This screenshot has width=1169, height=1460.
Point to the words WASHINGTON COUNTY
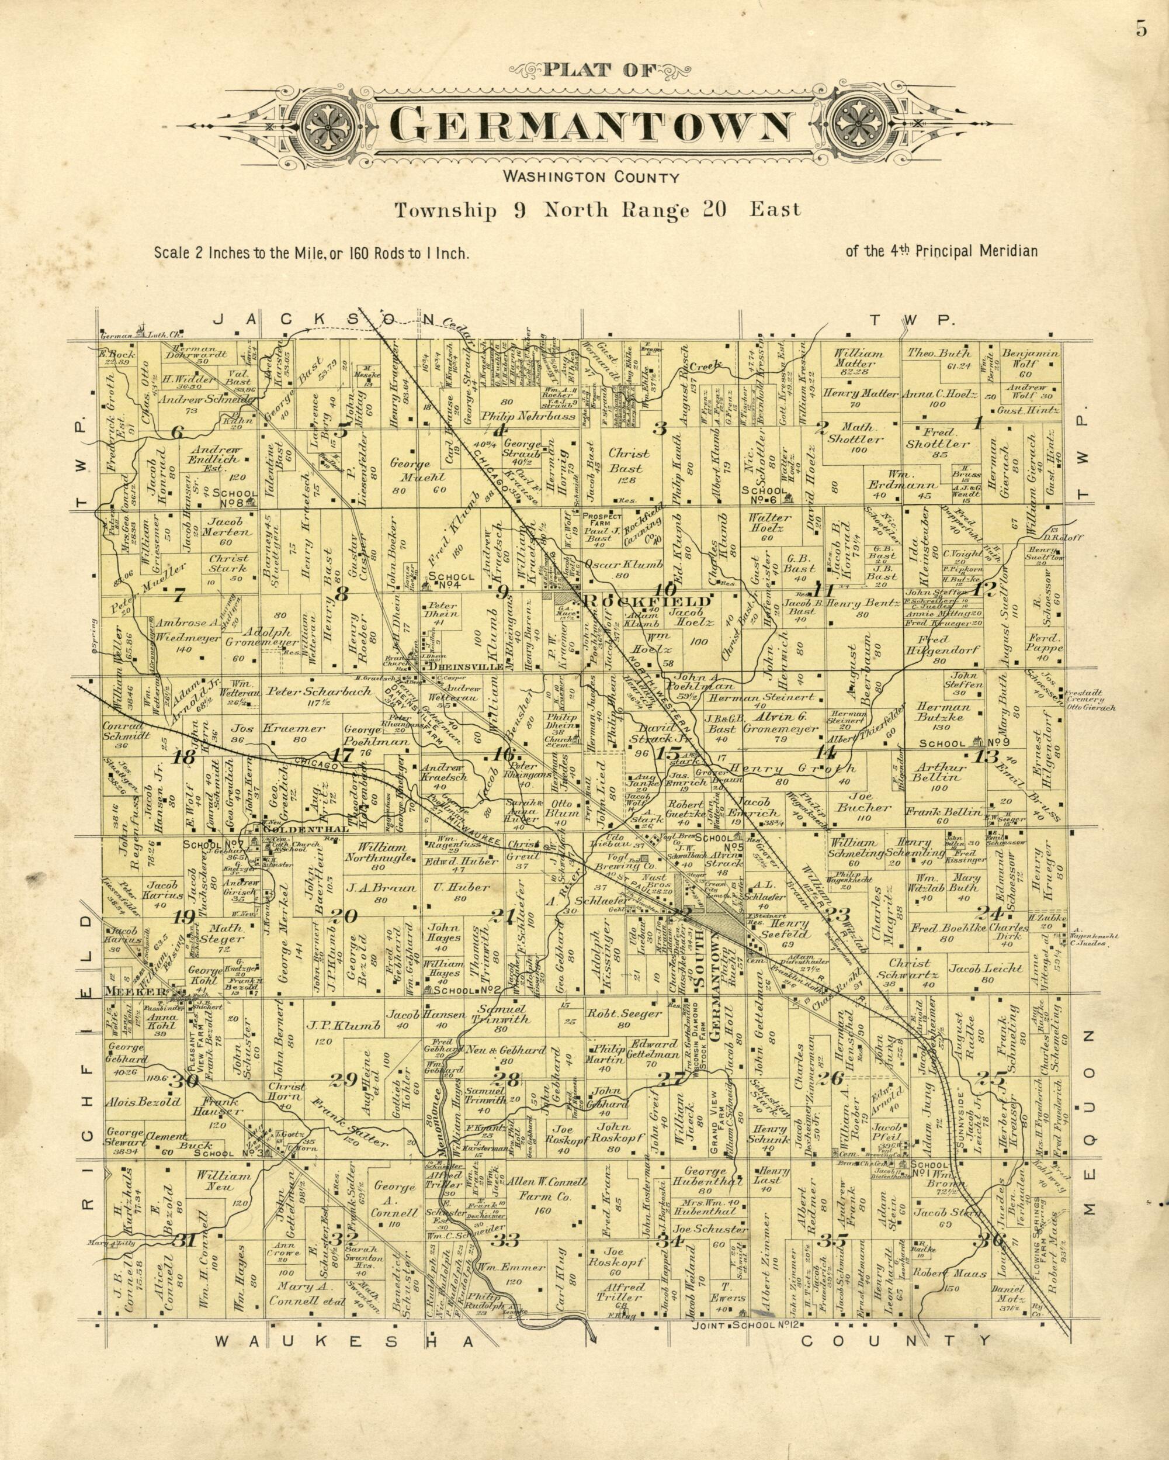(589, 179)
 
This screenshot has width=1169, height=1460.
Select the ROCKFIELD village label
(647, 601)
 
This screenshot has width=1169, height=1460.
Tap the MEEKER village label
(136, 992)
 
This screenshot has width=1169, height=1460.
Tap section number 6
(178, 431)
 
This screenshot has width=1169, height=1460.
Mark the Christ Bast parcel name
(629, 461)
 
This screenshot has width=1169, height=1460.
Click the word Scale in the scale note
(171, 253)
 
